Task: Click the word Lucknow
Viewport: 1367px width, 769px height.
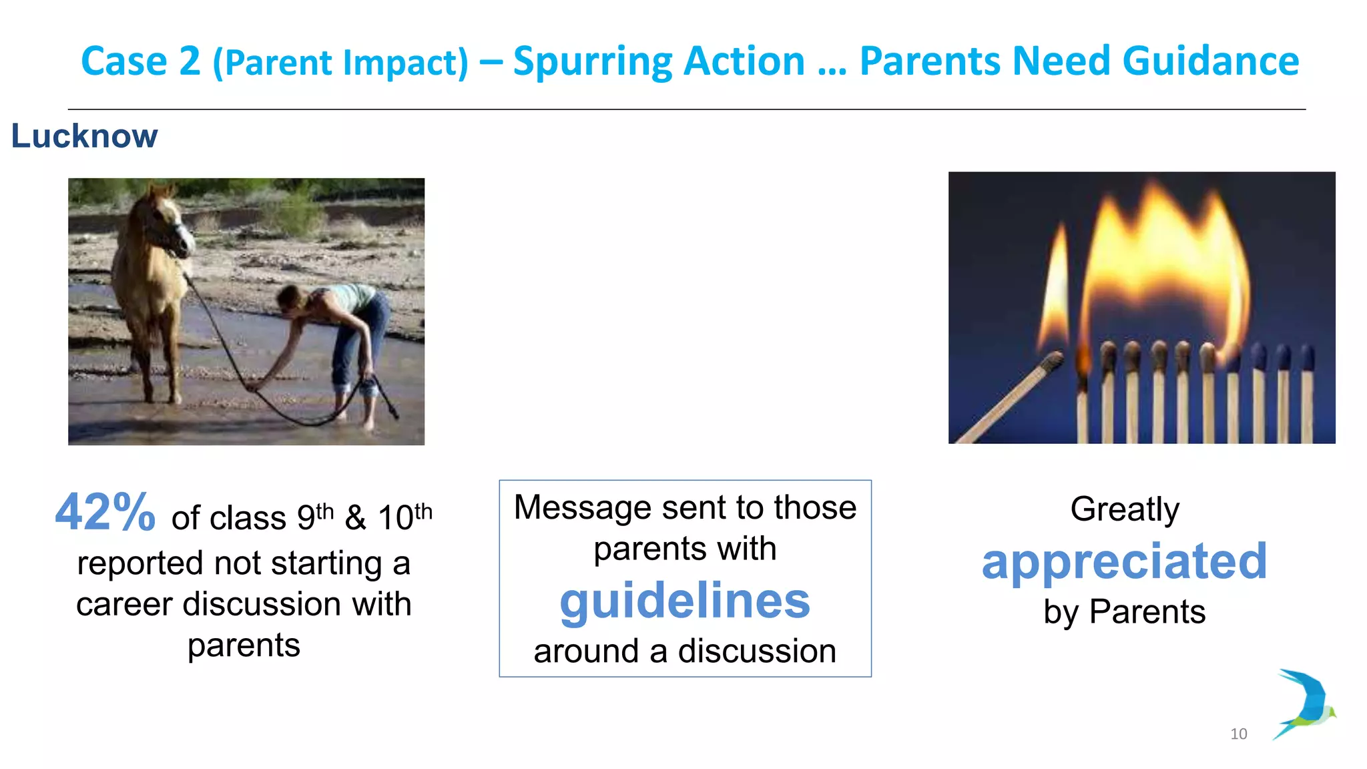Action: point(84,137)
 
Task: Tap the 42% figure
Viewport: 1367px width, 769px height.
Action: point(105,513)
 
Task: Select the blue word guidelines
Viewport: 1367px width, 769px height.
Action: point(685,601)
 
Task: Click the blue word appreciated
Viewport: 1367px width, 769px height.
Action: point(1124,561)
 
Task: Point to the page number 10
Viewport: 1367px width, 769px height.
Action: point(1238,734)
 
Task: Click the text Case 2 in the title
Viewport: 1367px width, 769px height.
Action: point(140,61)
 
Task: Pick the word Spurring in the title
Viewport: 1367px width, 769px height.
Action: point(591,61)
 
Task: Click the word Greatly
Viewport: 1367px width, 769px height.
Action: point(1124,509)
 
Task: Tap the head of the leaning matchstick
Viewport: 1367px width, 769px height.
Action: point(1053,362)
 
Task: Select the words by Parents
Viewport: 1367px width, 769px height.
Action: point(1124,611)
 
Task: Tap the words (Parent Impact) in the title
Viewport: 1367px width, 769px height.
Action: point(340,63)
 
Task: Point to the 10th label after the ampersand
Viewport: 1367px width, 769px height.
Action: point(404,517)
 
